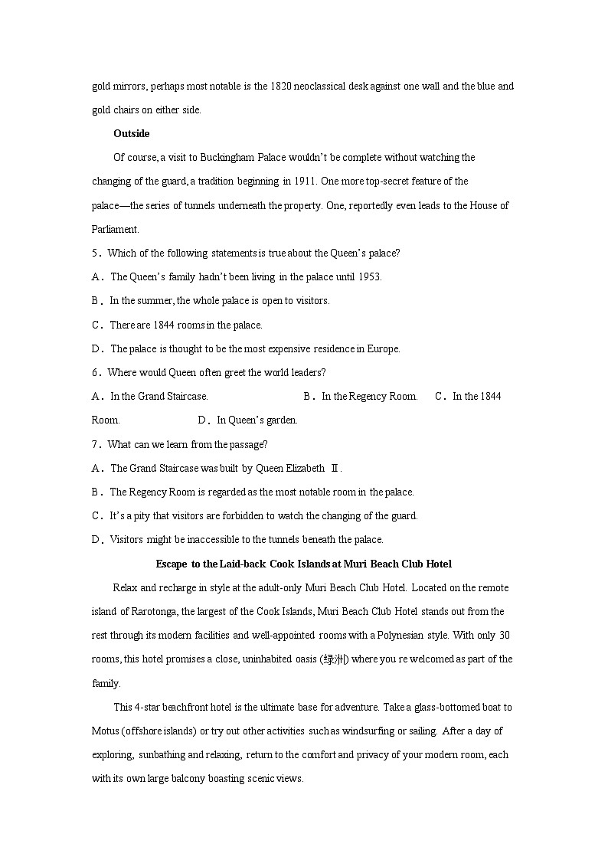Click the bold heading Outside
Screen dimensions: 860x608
pyautogui.click(x=132, y=133)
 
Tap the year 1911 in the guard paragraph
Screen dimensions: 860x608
pyautogui.click(x=303, y=181)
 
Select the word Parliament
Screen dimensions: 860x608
pyautogui.click(x=116, y=228)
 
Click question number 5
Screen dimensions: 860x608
pyautogui.click(x=95, y=253)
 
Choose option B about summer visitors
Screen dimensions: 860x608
pyautogui.click(x=219, y=300)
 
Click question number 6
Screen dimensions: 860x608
pyautogui.click(x=95, y=372)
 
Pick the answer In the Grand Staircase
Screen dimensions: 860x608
pyautogui.click(x=159, y=396)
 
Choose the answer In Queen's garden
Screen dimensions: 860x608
pyautogui.click(x=257, y=420)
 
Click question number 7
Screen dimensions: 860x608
pyautogui.click(x=95, y=444)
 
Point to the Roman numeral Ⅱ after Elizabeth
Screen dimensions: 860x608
pyautogui.click(x=334, y=468)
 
